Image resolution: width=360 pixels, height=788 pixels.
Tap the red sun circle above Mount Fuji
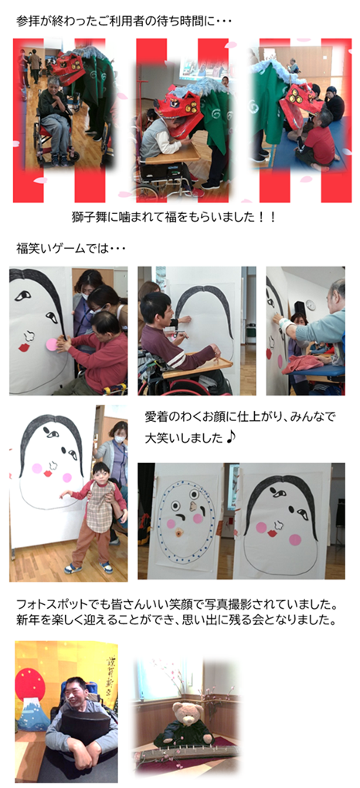30,684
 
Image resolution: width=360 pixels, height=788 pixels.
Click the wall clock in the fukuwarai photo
311,305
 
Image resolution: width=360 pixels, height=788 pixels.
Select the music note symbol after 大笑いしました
231,438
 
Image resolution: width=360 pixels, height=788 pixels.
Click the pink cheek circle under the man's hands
52,345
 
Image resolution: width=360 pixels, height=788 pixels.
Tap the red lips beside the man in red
24,348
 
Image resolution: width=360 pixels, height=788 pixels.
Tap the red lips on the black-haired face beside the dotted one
272,532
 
